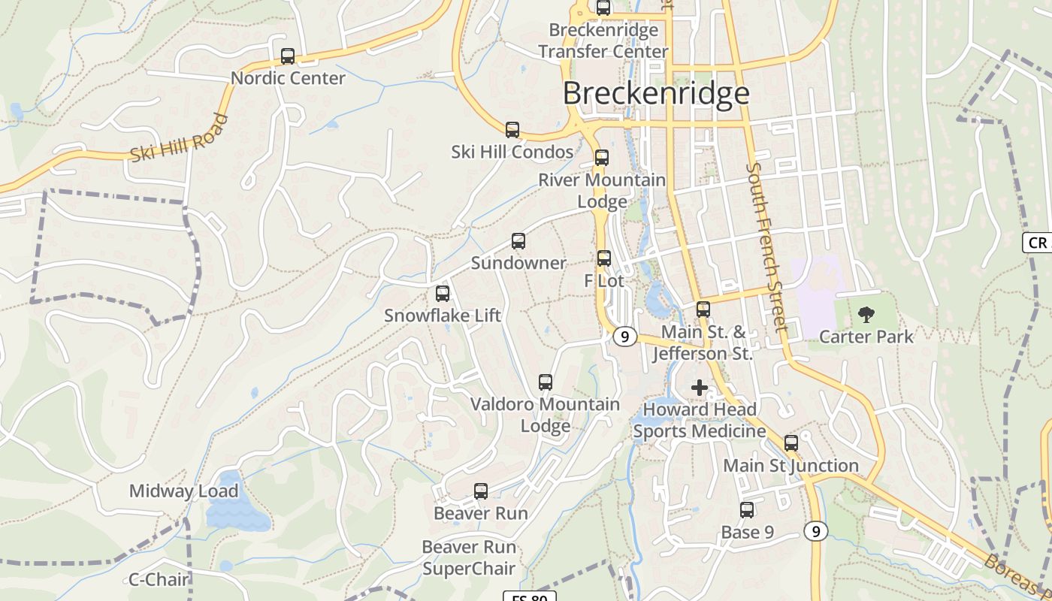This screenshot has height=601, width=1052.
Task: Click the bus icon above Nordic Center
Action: click(x=288, y=56)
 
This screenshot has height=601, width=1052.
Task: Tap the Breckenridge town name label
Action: click(x=656, y=93)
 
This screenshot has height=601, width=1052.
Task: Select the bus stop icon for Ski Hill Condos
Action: click(x=512, y=130)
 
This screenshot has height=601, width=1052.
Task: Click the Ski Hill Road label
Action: click(x=179, y=138)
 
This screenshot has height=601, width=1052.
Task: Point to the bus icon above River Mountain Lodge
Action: click(x=602, y=158)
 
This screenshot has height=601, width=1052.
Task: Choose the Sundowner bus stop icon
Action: click(x=518, y=241)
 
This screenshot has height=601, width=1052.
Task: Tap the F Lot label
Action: click(x=604, y=281)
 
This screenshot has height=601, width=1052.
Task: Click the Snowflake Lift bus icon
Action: click(x=443, y=294)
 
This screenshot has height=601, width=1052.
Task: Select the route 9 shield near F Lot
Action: click(x=624, y=336)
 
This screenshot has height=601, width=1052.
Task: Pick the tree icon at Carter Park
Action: click(x=866, y=315)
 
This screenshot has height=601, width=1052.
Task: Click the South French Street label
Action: click(x=766, y=248)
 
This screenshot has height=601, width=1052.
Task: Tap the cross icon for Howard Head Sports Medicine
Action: click(x=700, y=388)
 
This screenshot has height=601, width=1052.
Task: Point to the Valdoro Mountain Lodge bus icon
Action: click(x=546, y=382)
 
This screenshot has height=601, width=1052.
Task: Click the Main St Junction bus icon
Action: click(x=791, y=443)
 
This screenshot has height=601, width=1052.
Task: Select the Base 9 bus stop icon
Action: click(x=747, y=510)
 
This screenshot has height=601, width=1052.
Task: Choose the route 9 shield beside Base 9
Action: click(x=815, y=532)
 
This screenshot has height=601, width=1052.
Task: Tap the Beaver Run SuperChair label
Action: click(x=469, y=557)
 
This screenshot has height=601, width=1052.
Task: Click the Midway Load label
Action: click(x=183, y=491)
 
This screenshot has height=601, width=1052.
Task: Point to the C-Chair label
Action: click(x=159, y=579)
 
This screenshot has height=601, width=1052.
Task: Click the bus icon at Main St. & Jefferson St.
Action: click(x=703, y=309)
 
